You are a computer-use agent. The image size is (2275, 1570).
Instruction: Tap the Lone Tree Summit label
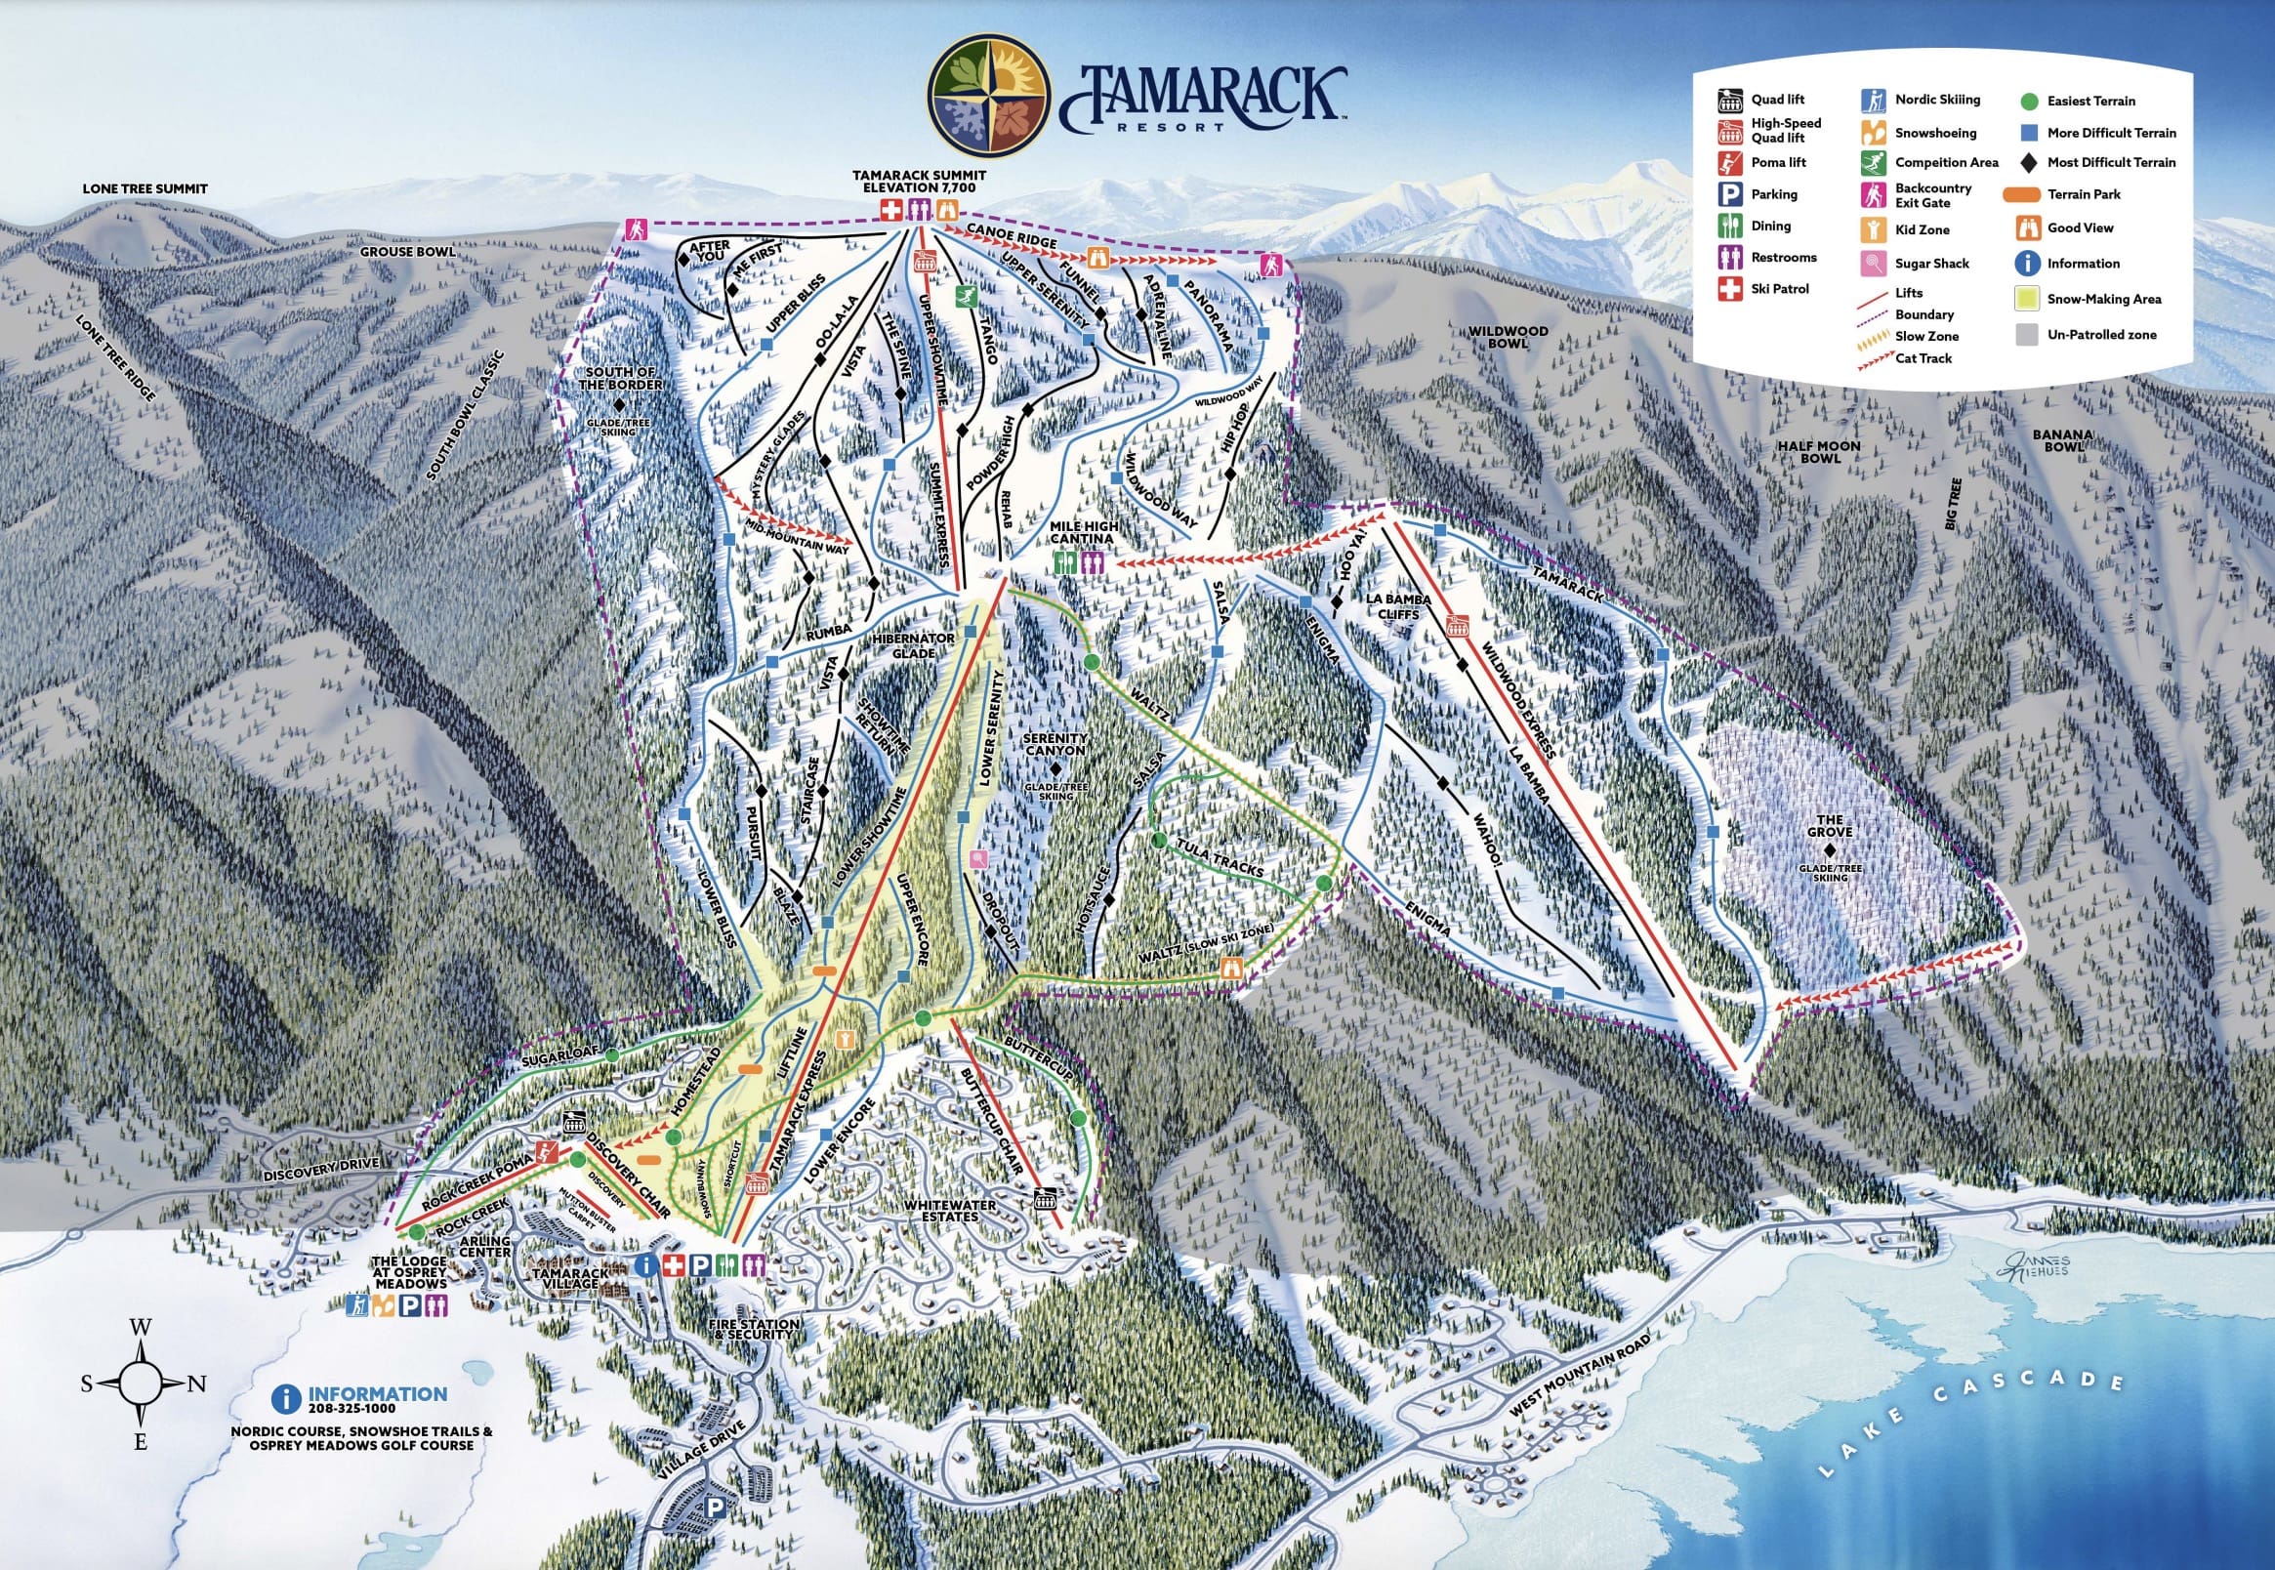[x=145, y=188]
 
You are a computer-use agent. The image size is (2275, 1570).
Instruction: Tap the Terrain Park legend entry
[x=2084, y=193]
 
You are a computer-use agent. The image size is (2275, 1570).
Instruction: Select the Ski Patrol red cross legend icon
[x=1729, y=289]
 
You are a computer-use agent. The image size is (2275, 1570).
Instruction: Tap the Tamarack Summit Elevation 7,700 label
[x=918, y=180]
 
